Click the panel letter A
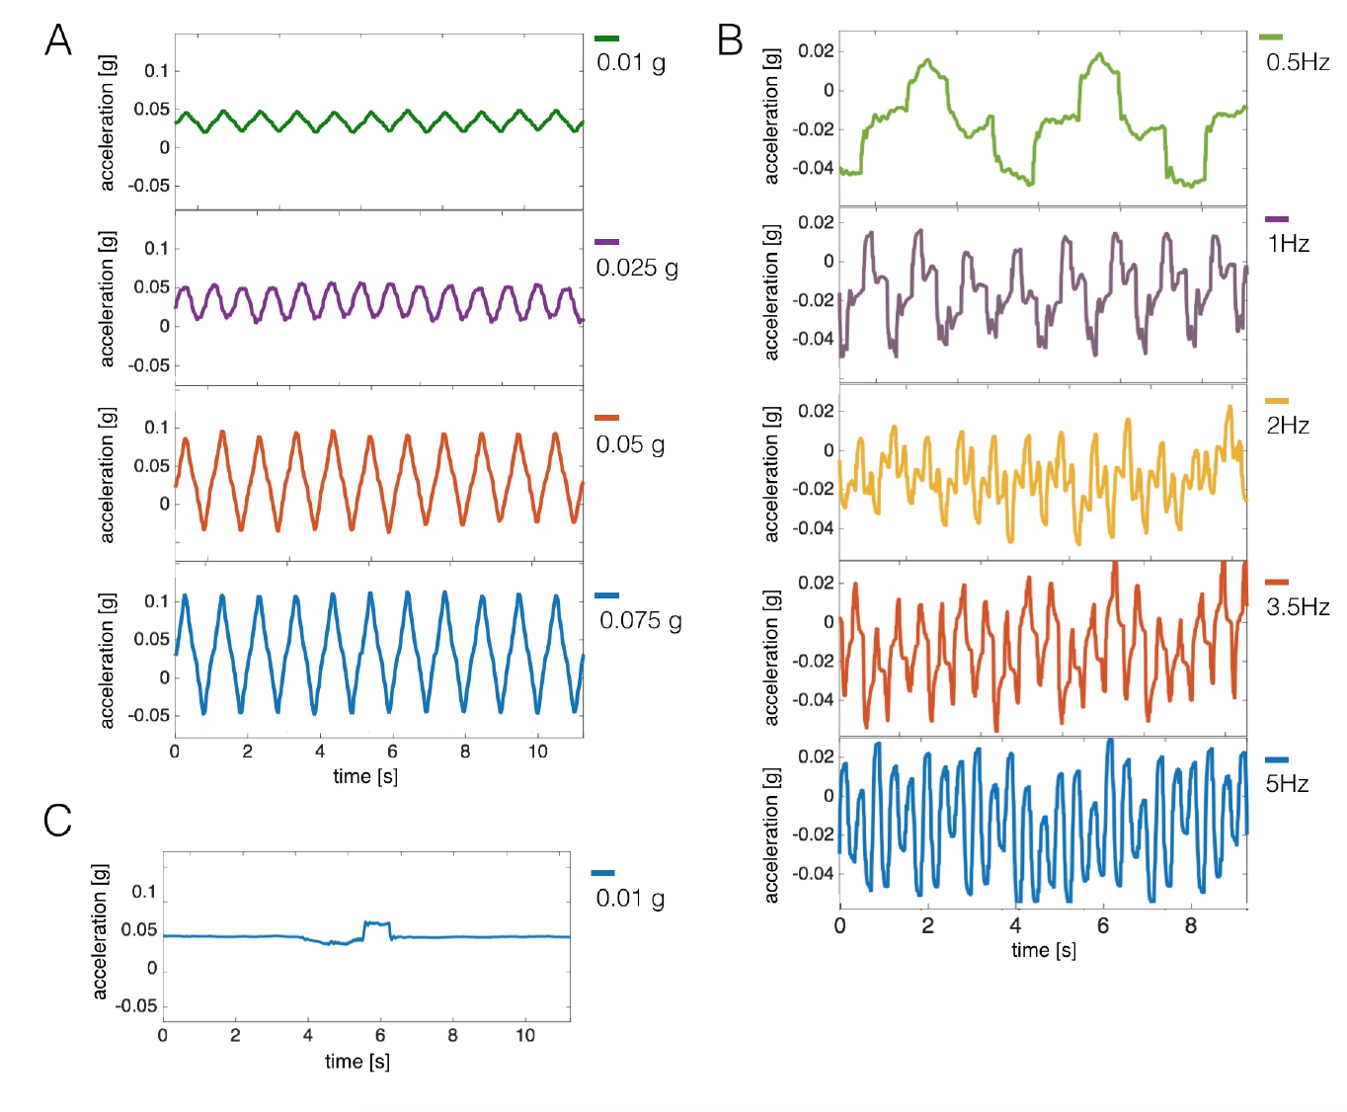[x=58, y=40]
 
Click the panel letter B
[x=729, y=40]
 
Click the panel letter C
[x=57, y=820]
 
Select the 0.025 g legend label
[x=637, y=268]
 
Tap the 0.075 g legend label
[x=641, y=620]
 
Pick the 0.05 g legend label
[x=630, y=444]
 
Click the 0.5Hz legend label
[x=1298, y=62]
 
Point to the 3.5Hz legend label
[x=1298, y=607]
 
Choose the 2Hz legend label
[x=1288, y=426]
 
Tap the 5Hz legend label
[x=1288, y=784]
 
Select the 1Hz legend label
[x=1288, y=244]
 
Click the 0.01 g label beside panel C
[x=630, y=898]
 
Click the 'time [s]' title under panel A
[x=365, y=776]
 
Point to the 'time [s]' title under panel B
[x=1044, y=950]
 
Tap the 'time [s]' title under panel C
[x=357, y=1062]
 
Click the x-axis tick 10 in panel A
[x=537, y=752]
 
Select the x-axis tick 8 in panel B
[x=1191, y=925]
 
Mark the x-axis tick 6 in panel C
[x=380, y=1035]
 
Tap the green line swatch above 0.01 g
[x=606, y=39]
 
